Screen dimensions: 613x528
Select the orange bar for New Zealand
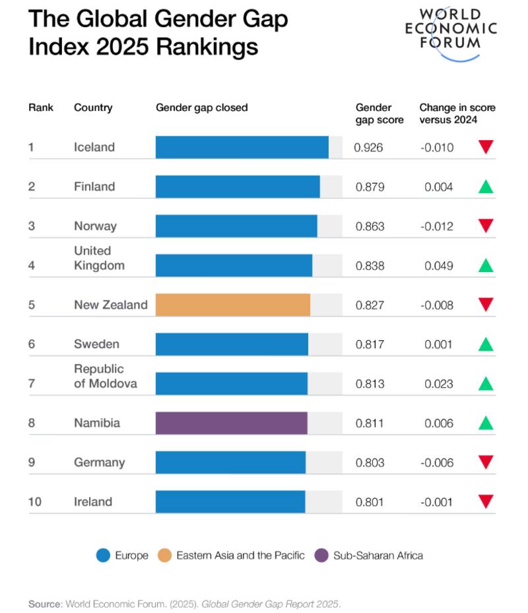[x=233, y=305]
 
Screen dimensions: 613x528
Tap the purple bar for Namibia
[x=232, y=423]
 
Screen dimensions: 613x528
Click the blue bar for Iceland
[x=242, y=147]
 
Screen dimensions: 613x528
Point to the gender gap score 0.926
[x=368, y=147]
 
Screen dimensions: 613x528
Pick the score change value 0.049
[x=439, y=266]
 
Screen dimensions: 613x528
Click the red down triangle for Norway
[x=486, y=226]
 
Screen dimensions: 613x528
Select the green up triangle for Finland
[x=486, y=187]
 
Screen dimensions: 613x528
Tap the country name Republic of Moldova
[x=105, y=376]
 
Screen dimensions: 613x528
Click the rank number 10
[x=34, y=502]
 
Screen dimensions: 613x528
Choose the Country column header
[x=93, y=108]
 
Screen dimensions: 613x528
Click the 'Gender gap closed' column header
[x=201, y=108]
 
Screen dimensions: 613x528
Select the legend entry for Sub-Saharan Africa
[x=378, y=556]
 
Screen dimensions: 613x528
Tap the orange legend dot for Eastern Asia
[x=165, y=556]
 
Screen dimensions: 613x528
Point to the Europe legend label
[x=132, y=556]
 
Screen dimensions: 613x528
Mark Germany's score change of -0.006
[x=437, y=462]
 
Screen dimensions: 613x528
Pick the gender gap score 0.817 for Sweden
[x=370, y=344]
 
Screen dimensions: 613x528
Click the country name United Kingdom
[x=99, y=258]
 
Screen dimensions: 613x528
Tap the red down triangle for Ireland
[x=486, y=502]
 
